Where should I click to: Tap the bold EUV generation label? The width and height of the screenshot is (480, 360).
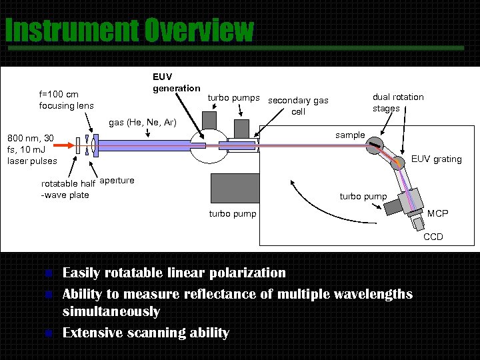(x=176, y=83)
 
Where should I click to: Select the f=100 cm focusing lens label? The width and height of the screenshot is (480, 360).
(x=66, y=100)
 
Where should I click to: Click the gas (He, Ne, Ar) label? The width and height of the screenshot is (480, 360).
(x=142, y=123)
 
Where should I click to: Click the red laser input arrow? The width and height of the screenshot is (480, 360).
(x=66, y=143)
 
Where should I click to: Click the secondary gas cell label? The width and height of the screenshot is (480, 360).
(x=298, y=106)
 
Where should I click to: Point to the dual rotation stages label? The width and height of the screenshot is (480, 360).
(x=398, y=102)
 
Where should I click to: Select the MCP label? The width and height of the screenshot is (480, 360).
(x=437, y=214)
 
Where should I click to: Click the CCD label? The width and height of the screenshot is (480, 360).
(x=433, y=237)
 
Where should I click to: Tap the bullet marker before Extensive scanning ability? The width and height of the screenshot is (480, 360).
(x=47, y=333)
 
